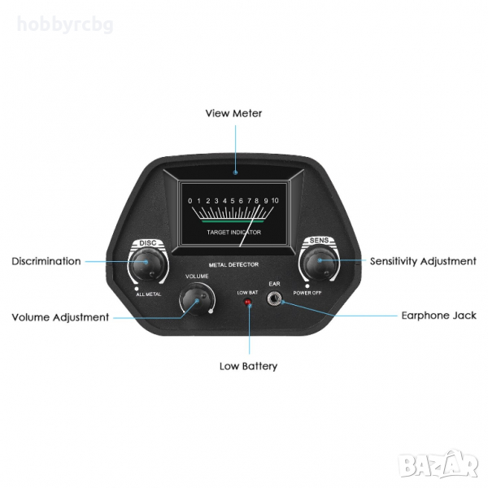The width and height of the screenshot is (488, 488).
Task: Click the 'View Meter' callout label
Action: coord(233,113)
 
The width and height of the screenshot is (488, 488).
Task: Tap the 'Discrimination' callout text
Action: coord(46,261)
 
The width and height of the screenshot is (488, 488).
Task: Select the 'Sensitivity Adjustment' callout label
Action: coord(423,261)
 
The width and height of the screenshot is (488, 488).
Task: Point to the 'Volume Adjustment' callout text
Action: coord(60,317)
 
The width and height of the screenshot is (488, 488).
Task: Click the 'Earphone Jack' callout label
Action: coord(439,316)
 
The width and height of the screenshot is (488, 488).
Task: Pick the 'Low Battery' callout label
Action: coord(248,366)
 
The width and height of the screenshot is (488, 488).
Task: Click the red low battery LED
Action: coord(248,302)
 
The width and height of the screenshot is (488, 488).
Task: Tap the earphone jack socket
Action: coord(274,299)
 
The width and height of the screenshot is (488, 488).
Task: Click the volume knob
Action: coord(197,299)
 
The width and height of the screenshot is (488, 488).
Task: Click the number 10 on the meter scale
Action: coord(275,201)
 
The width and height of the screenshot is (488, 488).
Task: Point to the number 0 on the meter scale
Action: coord(190,201)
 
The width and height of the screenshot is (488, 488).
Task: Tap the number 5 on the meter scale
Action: coord(233,201)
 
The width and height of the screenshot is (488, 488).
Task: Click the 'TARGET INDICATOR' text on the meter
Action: coord(233,232)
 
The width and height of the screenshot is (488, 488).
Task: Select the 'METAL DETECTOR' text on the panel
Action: coord(233,265)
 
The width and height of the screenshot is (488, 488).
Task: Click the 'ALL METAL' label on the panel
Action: coord(149,294)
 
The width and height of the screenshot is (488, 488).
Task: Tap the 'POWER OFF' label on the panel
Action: coord(307,293)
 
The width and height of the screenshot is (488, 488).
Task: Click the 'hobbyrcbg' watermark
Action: coord(65,24)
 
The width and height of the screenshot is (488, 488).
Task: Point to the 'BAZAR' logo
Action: coord(439,464)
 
